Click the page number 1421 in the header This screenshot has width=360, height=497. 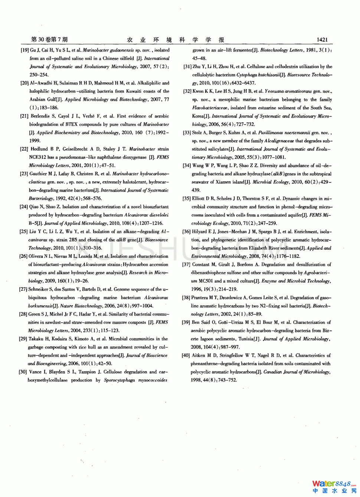(322, 40)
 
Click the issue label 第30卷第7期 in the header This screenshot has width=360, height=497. (49, 39)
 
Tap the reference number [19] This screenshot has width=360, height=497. (24, 50)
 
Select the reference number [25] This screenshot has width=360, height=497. (24, 231)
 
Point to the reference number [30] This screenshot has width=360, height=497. (23, 372)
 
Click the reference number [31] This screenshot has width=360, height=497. (187, 67)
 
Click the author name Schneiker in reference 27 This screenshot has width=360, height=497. (38, 289)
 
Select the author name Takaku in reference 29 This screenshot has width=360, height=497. (36, 339)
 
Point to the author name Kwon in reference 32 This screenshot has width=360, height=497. (198, 91)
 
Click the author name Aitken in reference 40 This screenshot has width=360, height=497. (199, 355)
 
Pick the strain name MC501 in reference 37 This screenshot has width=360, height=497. (206, 281)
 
